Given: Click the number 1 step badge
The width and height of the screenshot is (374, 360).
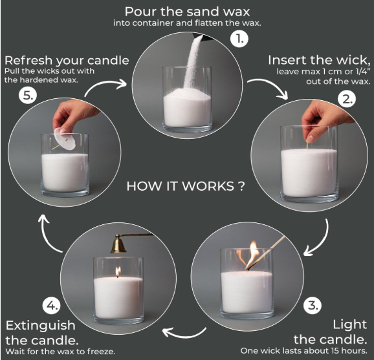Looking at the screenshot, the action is [x=239, y=39].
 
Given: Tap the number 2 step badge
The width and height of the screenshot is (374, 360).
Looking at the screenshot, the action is [x=347, y=99].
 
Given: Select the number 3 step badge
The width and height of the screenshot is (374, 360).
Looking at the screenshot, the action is [x=313, y=305].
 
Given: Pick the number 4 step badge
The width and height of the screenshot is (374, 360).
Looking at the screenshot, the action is [x=52, y=306].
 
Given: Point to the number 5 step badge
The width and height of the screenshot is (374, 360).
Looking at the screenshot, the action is [x=28, y=96].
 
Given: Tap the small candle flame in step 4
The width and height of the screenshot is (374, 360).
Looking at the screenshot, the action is [x=118, y=271].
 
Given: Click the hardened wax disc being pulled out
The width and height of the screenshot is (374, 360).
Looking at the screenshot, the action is [x=65, y=139].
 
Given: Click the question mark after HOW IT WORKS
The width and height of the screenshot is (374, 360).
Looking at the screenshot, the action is [x=241, y=186].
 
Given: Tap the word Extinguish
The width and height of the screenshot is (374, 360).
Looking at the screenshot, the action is [x=41, y=326].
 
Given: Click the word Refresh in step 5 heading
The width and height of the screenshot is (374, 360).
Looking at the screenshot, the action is [x=28, y=61].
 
